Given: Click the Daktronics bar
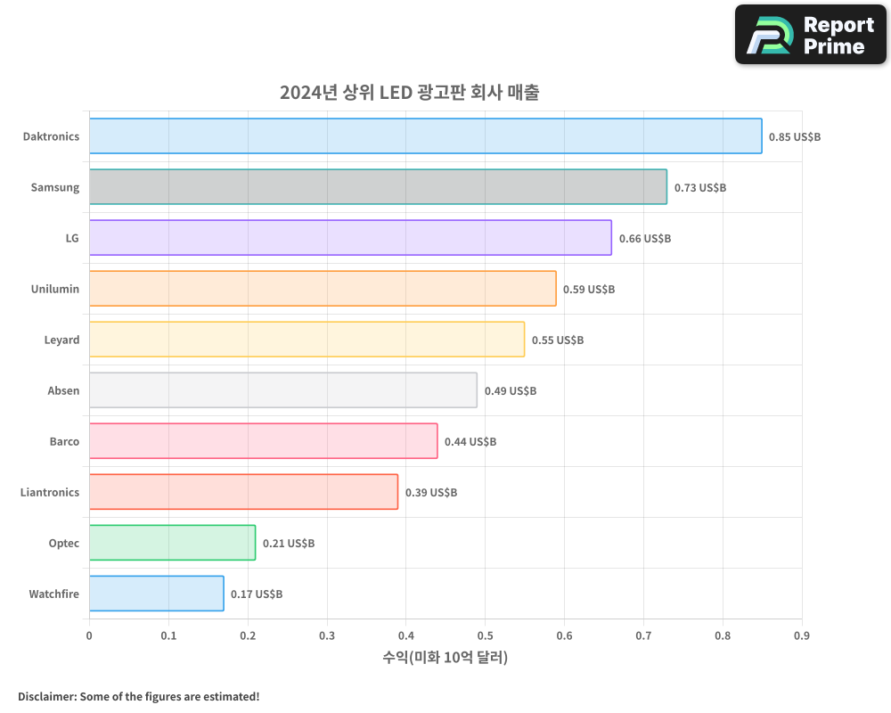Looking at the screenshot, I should click(x=425, y=136).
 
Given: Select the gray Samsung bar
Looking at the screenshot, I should click(x=378, y=187).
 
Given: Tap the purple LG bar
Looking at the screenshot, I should click(x=350, y=238).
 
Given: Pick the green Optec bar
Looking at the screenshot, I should click(x=172, y=543).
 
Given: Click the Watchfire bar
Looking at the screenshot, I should click(x=156, y=594).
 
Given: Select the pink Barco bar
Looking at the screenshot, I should click(x=263, y=441).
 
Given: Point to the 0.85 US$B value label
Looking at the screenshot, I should click(x=795, y=137).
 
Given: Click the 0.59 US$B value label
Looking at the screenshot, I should click(x=589, y=290).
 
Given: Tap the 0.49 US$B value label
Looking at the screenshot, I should click(x=511, y=391).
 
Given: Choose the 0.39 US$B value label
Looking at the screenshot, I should click(x=431, y=493).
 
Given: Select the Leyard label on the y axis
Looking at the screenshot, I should click(x=61, y=340).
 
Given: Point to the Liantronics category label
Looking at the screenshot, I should click(x=50, y=492).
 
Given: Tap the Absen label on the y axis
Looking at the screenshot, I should click(x=63, y=390).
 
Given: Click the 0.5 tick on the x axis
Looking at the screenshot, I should click(x=485, y=635).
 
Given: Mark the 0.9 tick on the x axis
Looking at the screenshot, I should click(x=802, y=635).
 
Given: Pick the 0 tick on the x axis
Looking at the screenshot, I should click(x=89, y=635).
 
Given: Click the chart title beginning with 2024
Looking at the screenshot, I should click(x=409, y=93).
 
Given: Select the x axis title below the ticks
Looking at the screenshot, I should click(x=445, y=658).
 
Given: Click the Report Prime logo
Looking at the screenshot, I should click(x=811, y=35).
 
